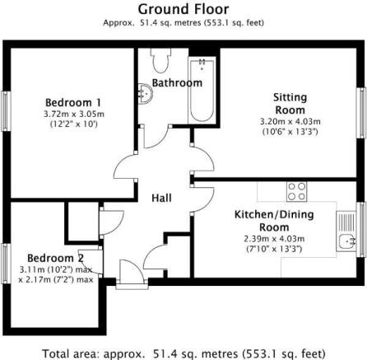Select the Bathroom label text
point(175,83)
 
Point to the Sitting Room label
point(290,103)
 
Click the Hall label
point(163,198)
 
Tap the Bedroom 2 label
point(55,257)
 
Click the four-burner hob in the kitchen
point(295,192)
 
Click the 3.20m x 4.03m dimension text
point(290,120)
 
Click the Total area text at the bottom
point(183,353)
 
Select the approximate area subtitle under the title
point(183,22)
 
